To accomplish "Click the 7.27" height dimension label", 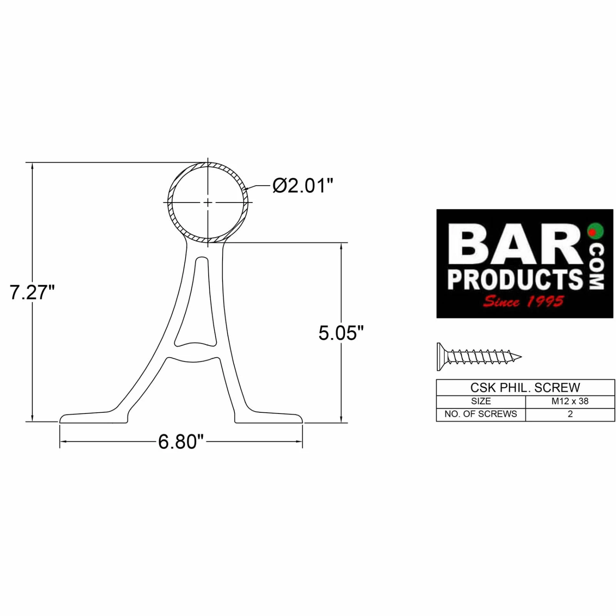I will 32,292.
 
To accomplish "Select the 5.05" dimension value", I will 341,333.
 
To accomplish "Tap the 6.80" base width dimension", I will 181,442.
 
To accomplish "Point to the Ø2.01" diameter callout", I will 303,186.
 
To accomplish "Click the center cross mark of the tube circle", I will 208,202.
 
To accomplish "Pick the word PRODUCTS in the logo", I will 515,279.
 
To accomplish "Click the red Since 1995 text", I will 523,302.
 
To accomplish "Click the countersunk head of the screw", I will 441,356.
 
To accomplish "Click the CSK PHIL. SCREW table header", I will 525,388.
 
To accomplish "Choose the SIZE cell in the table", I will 480,401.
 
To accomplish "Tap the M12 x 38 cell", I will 570,401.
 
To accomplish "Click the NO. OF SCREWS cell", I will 480,414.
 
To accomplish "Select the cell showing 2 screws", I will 570,414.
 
